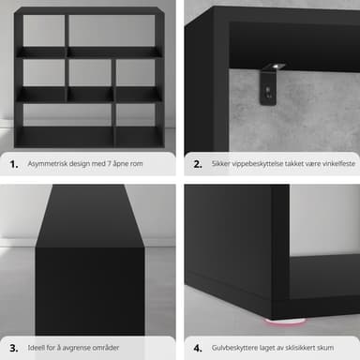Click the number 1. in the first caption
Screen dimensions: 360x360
pyautogui.click(x=14, y=164)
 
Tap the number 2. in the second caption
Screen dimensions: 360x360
pyautogui.click(x=198, y=164)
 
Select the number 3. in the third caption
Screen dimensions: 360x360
pyautogui.click(x=14, y=348)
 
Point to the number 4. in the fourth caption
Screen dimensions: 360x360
pyautogui.click(x=198, y=348)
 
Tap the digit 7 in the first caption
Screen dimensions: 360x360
pyautogui.click(x=110, y=163)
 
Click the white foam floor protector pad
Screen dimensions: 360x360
pyautogui.click(x=284, y=321)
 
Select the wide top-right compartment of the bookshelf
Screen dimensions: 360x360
pyautogui.click(x=112, y=31)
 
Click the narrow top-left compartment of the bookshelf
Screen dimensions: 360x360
pyautogui.click(x=44, y=31)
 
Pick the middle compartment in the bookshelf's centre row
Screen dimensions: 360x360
pyautogui.click(x=90, y=74)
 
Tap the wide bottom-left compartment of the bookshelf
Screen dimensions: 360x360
pyautogui.click(x=67, y=115)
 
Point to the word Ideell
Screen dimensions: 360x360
pyautogui.click(x=37, y=348)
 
